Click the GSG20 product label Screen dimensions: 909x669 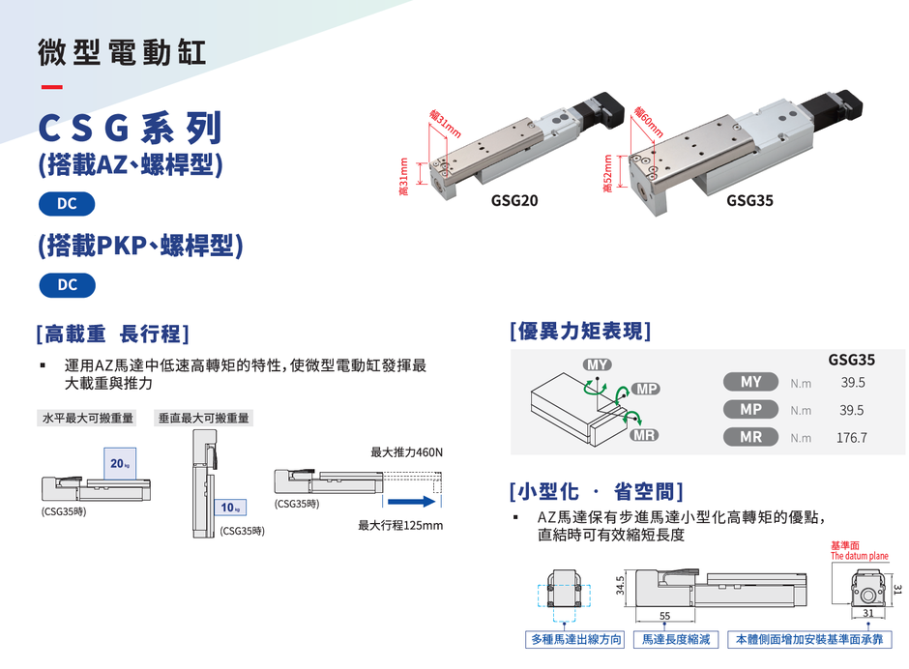[x=514, y=200]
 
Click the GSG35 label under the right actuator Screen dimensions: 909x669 [x=749, y=200]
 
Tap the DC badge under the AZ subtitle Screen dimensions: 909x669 [x=67, y=204]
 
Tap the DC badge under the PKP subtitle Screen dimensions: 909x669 [x=68, y=285]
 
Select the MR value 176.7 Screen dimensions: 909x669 [x=851, y=438]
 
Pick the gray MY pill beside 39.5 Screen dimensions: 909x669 [x=750, y=382]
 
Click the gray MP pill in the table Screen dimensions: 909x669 [x=750, y=409]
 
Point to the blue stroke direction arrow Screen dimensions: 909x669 [x=412, y=502]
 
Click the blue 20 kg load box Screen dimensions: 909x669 [x=120, y=463]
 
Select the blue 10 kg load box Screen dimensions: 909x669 [x=230, y=508]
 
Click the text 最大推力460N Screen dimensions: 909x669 [x=406, y=452]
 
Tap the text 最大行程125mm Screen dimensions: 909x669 [x=400, y=525]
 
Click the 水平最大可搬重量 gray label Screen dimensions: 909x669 [x=87, y=418]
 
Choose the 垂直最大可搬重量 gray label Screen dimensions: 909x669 [x=203, y=418]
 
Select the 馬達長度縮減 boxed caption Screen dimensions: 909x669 [x=676, y=639]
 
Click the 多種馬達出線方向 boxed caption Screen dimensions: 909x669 [x=575, y=639]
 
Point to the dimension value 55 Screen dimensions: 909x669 [x=664, y=616]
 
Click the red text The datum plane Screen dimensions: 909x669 [x=859, y=556]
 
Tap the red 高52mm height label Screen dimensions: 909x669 [x=607, y=173]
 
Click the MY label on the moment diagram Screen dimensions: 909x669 [x=597, y=364]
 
